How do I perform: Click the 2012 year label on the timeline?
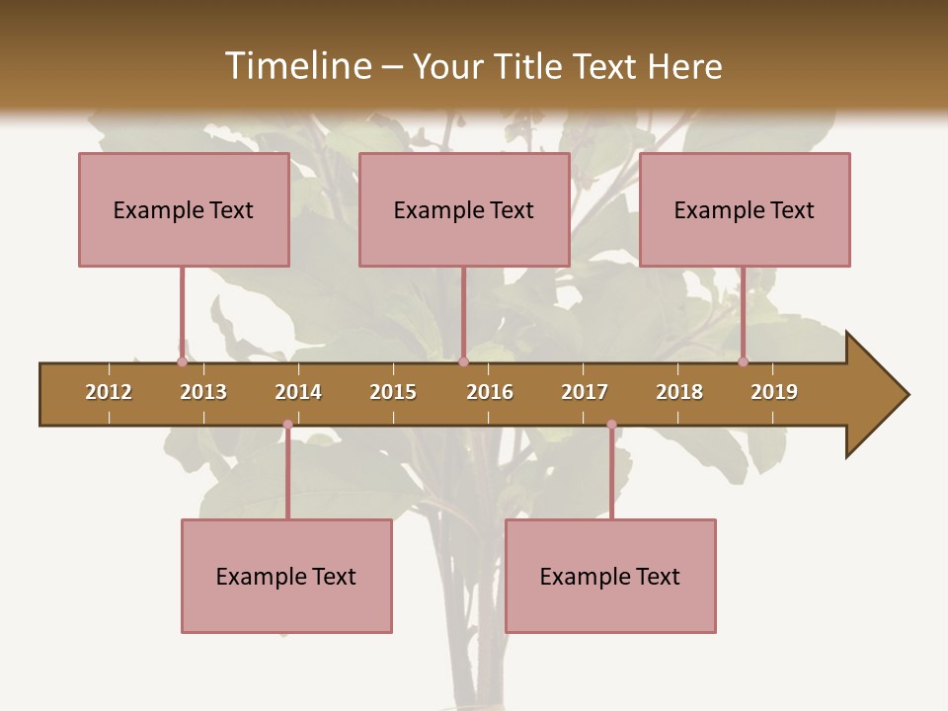click(109, 392)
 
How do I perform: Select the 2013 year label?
click(203, 392)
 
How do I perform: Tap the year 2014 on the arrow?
click(298, 392)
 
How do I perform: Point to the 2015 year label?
click(393, 392)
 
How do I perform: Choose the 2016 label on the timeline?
click(490, 392)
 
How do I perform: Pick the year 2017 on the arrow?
click(585, 392)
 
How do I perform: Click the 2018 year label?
click(679, 392)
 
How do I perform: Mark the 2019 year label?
click(774, 392)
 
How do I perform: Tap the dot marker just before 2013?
click(182, 362)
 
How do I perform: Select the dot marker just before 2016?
click(463, 362)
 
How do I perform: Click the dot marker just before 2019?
click(743, 362)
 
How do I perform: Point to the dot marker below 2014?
click(287, 425)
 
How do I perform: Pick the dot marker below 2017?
click(611, 425)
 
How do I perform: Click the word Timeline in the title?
click(295, 66)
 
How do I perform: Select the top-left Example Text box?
click(184, 209)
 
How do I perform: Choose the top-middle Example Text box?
click(464, 209)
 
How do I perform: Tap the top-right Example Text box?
click(745, 209)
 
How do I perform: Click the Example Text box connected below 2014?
click(286, 576)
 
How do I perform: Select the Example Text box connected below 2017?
click(610, 576)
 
